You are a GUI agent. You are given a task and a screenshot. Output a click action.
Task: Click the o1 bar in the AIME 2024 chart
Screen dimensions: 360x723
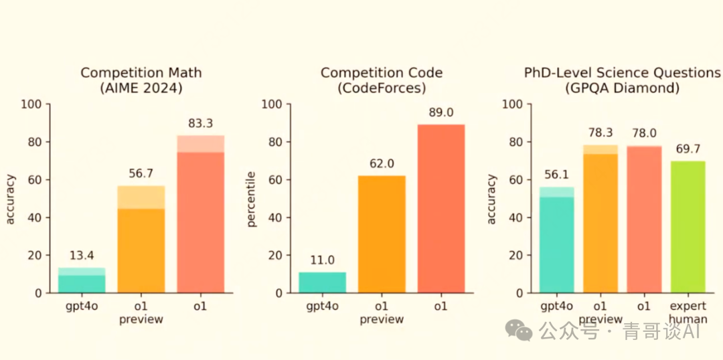[200, 214]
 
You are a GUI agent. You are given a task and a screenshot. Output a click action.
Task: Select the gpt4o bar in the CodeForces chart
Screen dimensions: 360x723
[322, 282]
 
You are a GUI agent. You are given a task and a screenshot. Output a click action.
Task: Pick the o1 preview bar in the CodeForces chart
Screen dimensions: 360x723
[382, 234]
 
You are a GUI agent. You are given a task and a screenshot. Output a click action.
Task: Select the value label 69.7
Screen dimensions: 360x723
[687, 150]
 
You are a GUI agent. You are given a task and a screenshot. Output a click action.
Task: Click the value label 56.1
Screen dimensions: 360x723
[556, 176]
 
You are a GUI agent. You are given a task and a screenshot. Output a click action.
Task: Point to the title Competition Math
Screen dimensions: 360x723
[141, 73]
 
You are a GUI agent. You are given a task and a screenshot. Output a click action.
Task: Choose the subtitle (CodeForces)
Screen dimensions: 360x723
[382, 88]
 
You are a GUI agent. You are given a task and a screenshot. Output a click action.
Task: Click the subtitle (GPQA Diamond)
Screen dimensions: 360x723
[622, 88]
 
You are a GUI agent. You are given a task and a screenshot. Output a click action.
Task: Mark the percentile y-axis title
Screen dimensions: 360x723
[251, 199]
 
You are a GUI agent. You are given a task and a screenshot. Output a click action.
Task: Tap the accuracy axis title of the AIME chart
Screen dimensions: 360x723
[11, 199]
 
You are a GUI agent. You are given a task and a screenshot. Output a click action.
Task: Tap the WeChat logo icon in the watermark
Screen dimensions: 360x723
[519, 330]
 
